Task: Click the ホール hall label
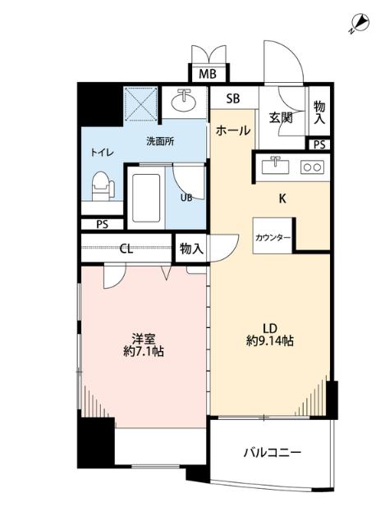233,130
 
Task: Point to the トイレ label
102,153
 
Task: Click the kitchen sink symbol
275,166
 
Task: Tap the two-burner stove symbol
312,167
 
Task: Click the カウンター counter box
273,236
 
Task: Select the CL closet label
126,249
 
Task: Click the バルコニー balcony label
273,452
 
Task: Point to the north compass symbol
358,23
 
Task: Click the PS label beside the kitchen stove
319,144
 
